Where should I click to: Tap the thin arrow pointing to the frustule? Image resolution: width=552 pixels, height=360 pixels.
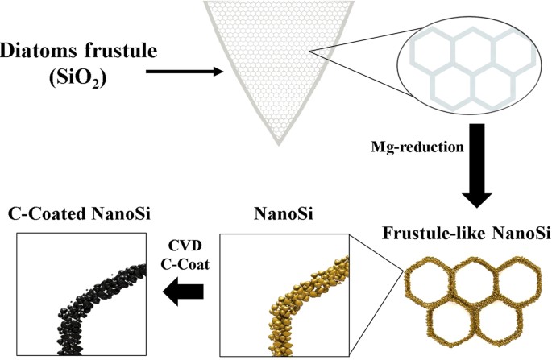tap(185, 72)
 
